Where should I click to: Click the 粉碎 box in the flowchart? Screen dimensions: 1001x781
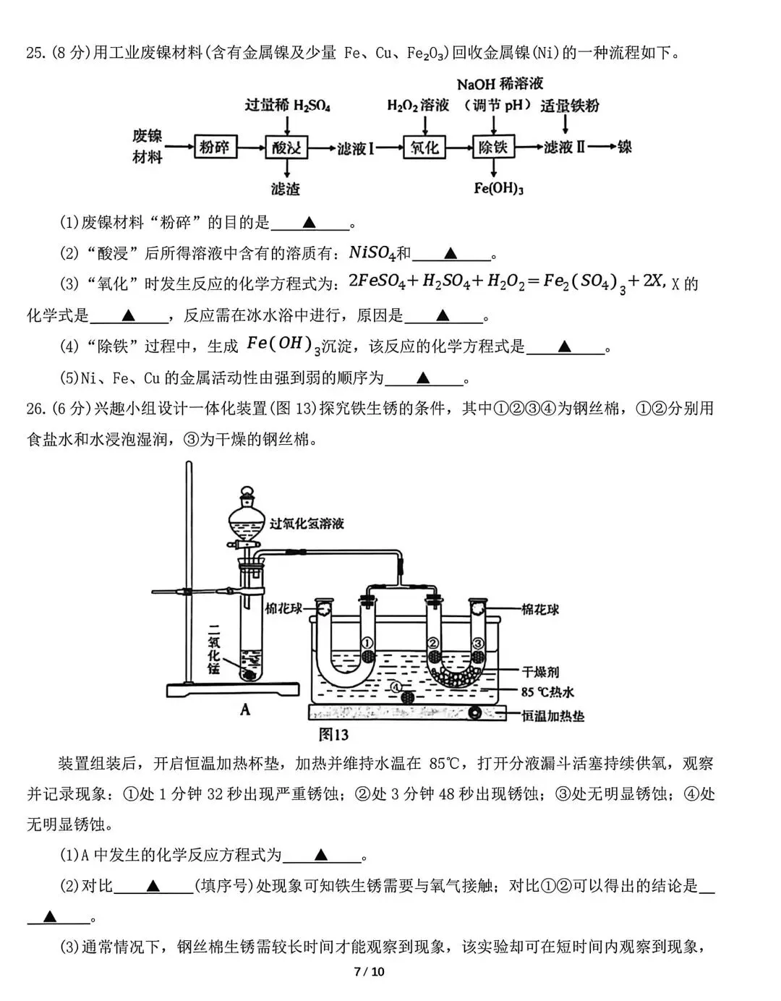[x=215, y=148]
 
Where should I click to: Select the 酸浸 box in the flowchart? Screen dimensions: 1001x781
[x=287, y=148]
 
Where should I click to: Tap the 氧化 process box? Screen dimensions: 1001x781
[x=424, y=148]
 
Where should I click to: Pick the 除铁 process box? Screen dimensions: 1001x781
[x=493, y=148]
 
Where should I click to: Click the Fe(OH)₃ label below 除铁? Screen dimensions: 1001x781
[x=498, y=189]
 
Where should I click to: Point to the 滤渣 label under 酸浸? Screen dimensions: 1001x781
[x=285, y=189]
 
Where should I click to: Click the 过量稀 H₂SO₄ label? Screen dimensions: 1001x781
[x=287, y=106]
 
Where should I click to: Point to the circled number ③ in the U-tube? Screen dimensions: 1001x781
[x=477, y=642]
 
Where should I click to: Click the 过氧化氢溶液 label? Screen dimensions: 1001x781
[x=307, y=524]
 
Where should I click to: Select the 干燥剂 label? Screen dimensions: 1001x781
[x=541, y=672]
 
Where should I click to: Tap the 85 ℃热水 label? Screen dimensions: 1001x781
[x=547, y=692]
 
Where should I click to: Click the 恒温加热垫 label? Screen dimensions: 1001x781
[x=553, y=716]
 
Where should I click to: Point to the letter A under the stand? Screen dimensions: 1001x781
[x=245, y=710]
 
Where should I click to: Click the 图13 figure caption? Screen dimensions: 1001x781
[x=334, y=735]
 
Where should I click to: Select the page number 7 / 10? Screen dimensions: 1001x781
[x=370, y=971]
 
